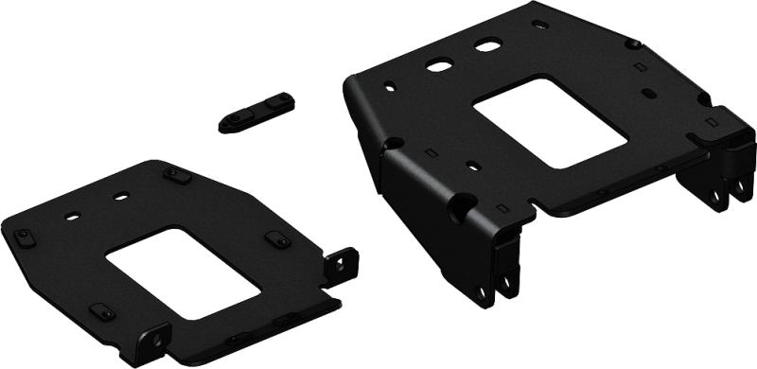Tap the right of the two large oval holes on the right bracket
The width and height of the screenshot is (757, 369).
[x=490, y=44]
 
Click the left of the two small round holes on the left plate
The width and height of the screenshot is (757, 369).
[x=68, y=215]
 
